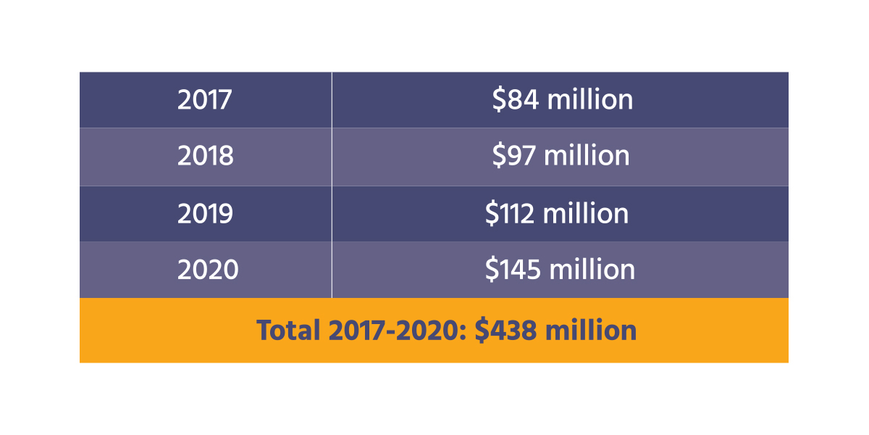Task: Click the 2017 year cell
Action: point(205,100)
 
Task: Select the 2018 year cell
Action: point(206,157)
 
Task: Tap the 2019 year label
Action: point(206,213)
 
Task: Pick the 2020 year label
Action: point(208,270)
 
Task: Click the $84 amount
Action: point(515,100)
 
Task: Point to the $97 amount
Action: point(514,157)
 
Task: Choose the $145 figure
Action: point(513,270)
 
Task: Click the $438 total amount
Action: point(506,331)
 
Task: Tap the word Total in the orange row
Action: point(288,331)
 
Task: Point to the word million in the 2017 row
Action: point(590,100)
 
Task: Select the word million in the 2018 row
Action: point(587,157)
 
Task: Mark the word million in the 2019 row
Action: point(586,213)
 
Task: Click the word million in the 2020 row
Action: point(592,270)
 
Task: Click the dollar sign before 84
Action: point(498,100)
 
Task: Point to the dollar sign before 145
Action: point(492,270)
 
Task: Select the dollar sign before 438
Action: point(482,331)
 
